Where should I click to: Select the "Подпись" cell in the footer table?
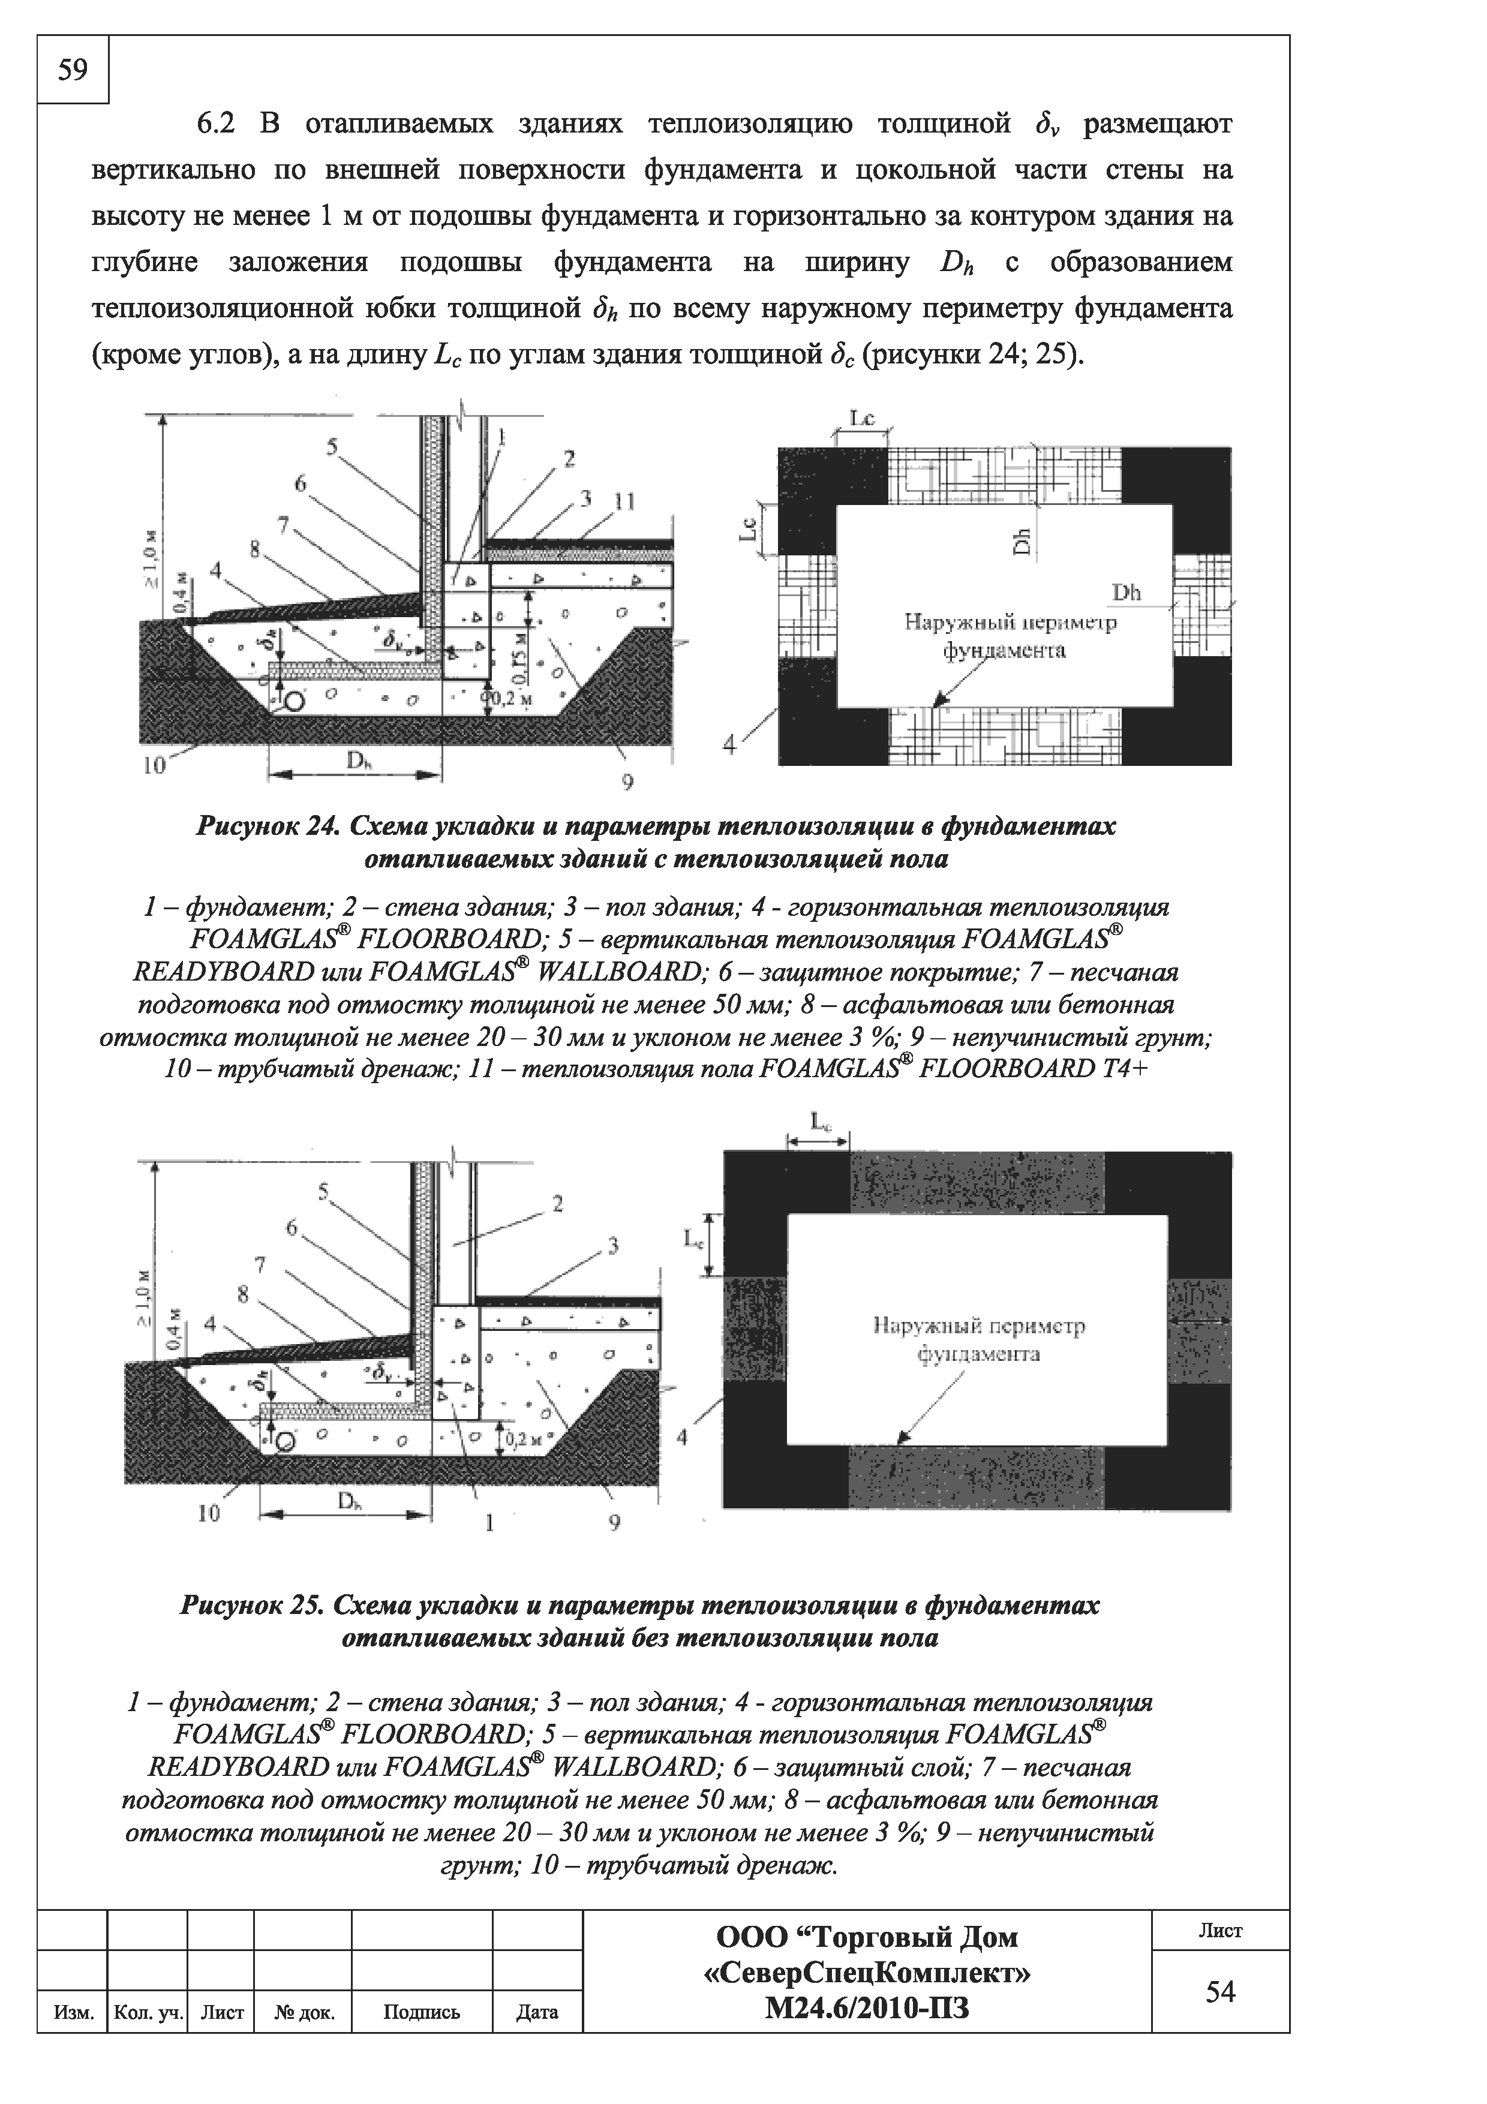tap(422, 2012)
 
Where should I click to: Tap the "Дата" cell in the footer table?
tap(537, 2012)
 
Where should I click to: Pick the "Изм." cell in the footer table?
tap(73, 2012)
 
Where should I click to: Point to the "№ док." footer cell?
tap(304, 2012)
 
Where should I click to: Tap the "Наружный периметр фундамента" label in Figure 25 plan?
tap(978, 1340)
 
